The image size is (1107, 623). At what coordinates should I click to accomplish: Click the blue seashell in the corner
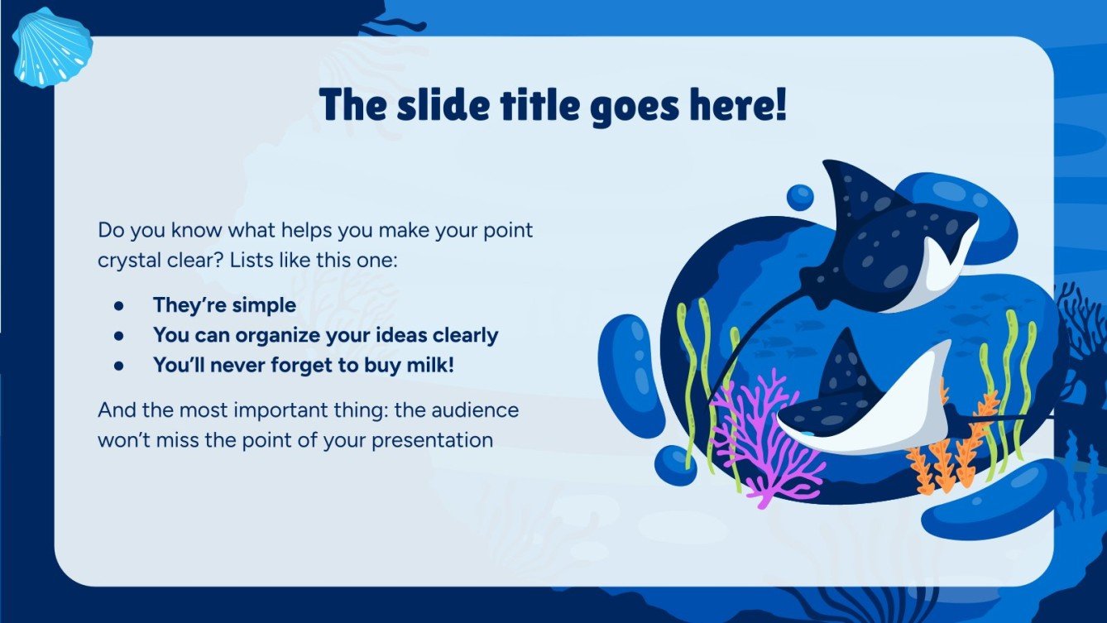coord(51,47)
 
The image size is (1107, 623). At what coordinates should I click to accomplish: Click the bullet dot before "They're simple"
coord(119,305)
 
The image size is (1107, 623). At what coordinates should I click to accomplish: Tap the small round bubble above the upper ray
coord(800,197)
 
